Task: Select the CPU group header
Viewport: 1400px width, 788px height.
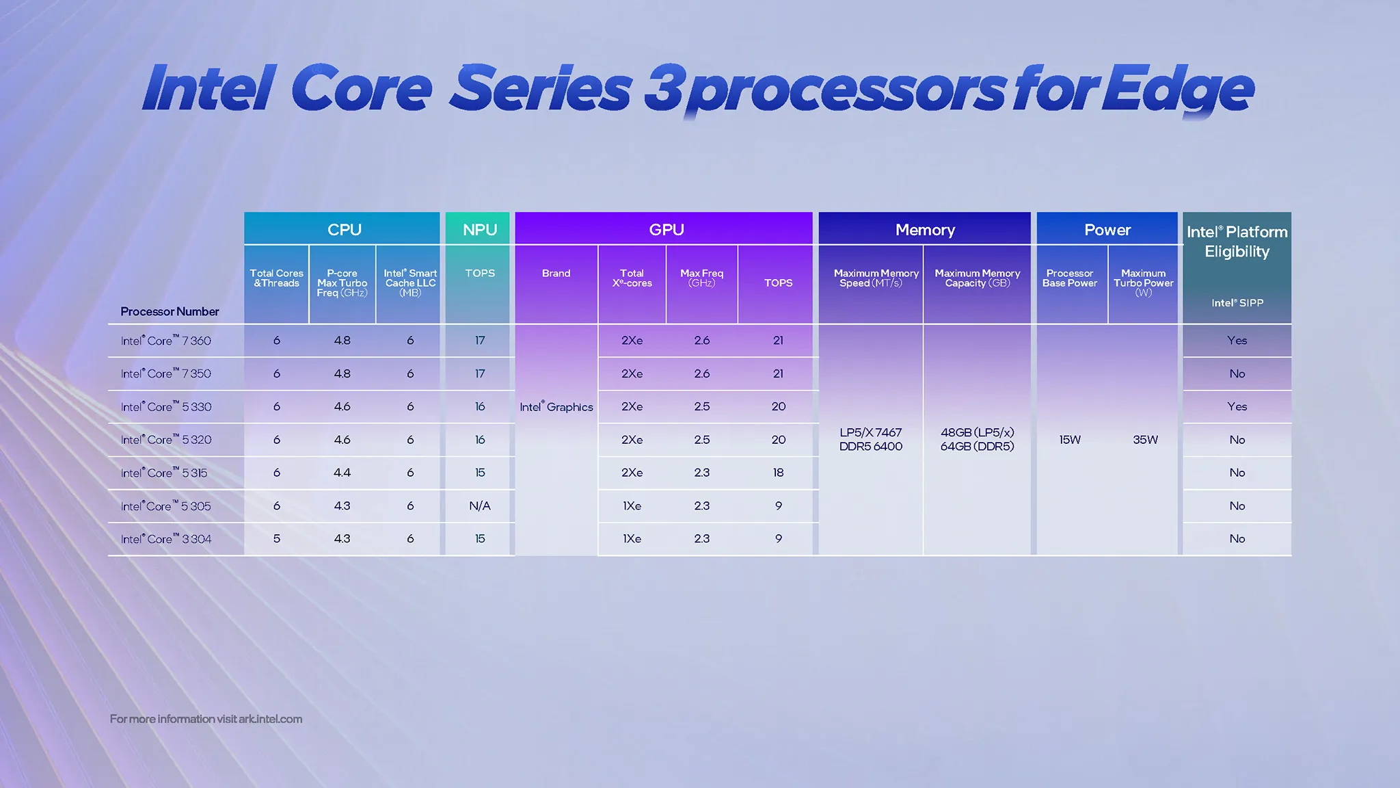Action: point(344,230)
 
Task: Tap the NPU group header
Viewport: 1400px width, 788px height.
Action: point(479,230)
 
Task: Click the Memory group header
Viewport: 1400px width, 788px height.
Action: point(925,230)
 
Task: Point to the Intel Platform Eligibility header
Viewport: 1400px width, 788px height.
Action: point(1237,241)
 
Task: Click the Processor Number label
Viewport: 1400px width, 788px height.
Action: point(170,311)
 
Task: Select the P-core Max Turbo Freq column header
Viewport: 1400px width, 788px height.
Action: point(342,283)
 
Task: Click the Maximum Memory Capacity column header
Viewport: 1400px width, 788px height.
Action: point(977,278)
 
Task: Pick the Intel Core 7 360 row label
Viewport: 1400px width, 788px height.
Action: point(166,341)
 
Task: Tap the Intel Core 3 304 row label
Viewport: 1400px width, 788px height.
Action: point(166,539)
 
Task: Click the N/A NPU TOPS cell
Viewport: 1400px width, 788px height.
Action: point(479,505)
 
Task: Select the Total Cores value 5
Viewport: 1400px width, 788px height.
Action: point(276,539)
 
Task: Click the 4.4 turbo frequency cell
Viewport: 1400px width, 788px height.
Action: point(342,473)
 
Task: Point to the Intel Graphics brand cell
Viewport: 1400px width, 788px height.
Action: point(556,407)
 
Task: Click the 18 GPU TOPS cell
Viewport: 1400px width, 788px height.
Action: point(778,473)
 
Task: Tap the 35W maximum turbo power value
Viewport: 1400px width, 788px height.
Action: point(1145,440)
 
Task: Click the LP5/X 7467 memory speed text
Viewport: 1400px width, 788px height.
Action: point(870,432)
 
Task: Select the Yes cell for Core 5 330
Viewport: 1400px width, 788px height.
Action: point(1237,407)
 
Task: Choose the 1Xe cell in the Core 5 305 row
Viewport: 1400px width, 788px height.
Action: point(632,505)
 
